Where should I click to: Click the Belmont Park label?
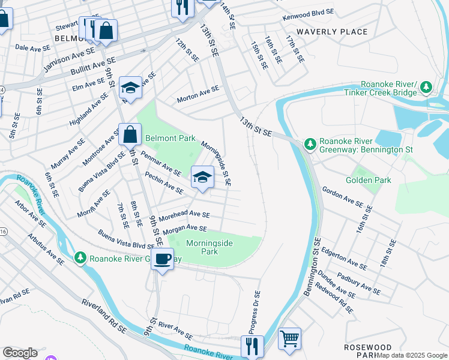coord(170,138)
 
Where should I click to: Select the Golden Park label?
coord(368,180)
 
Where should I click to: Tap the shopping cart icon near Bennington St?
coord(289,339)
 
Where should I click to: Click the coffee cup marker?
coord(161,259)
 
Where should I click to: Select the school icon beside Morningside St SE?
coord(202,176)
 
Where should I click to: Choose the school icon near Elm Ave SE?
coord(130,88)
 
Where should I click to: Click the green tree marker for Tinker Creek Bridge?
coord(426,88)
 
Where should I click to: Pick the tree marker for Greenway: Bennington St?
coord(310,144)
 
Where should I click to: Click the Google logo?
coord(20,353)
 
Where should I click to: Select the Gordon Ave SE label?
coord(342,197)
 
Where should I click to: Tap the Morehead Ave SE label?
coord(190,214)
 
